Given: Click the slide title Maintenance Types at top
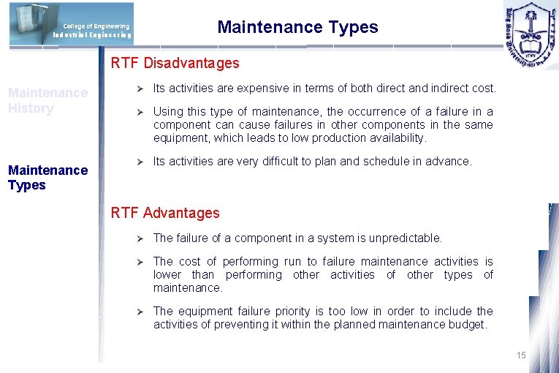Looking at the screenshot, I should (x=297, y=28).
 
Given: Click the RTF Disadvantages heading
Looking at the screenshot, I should (x=175, y=63).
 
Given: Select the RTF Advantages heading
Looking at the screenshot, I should (x=164, y=213).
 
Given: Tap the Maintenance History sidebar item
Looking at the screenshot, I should (x=47, y=100).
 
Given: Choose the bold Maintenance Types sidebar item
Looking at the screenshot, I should (x=47, y=177).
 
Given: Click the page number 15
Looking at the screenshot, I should (x=520, y=355).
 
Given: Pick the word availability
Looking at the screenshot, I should (x=399, y=137).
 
